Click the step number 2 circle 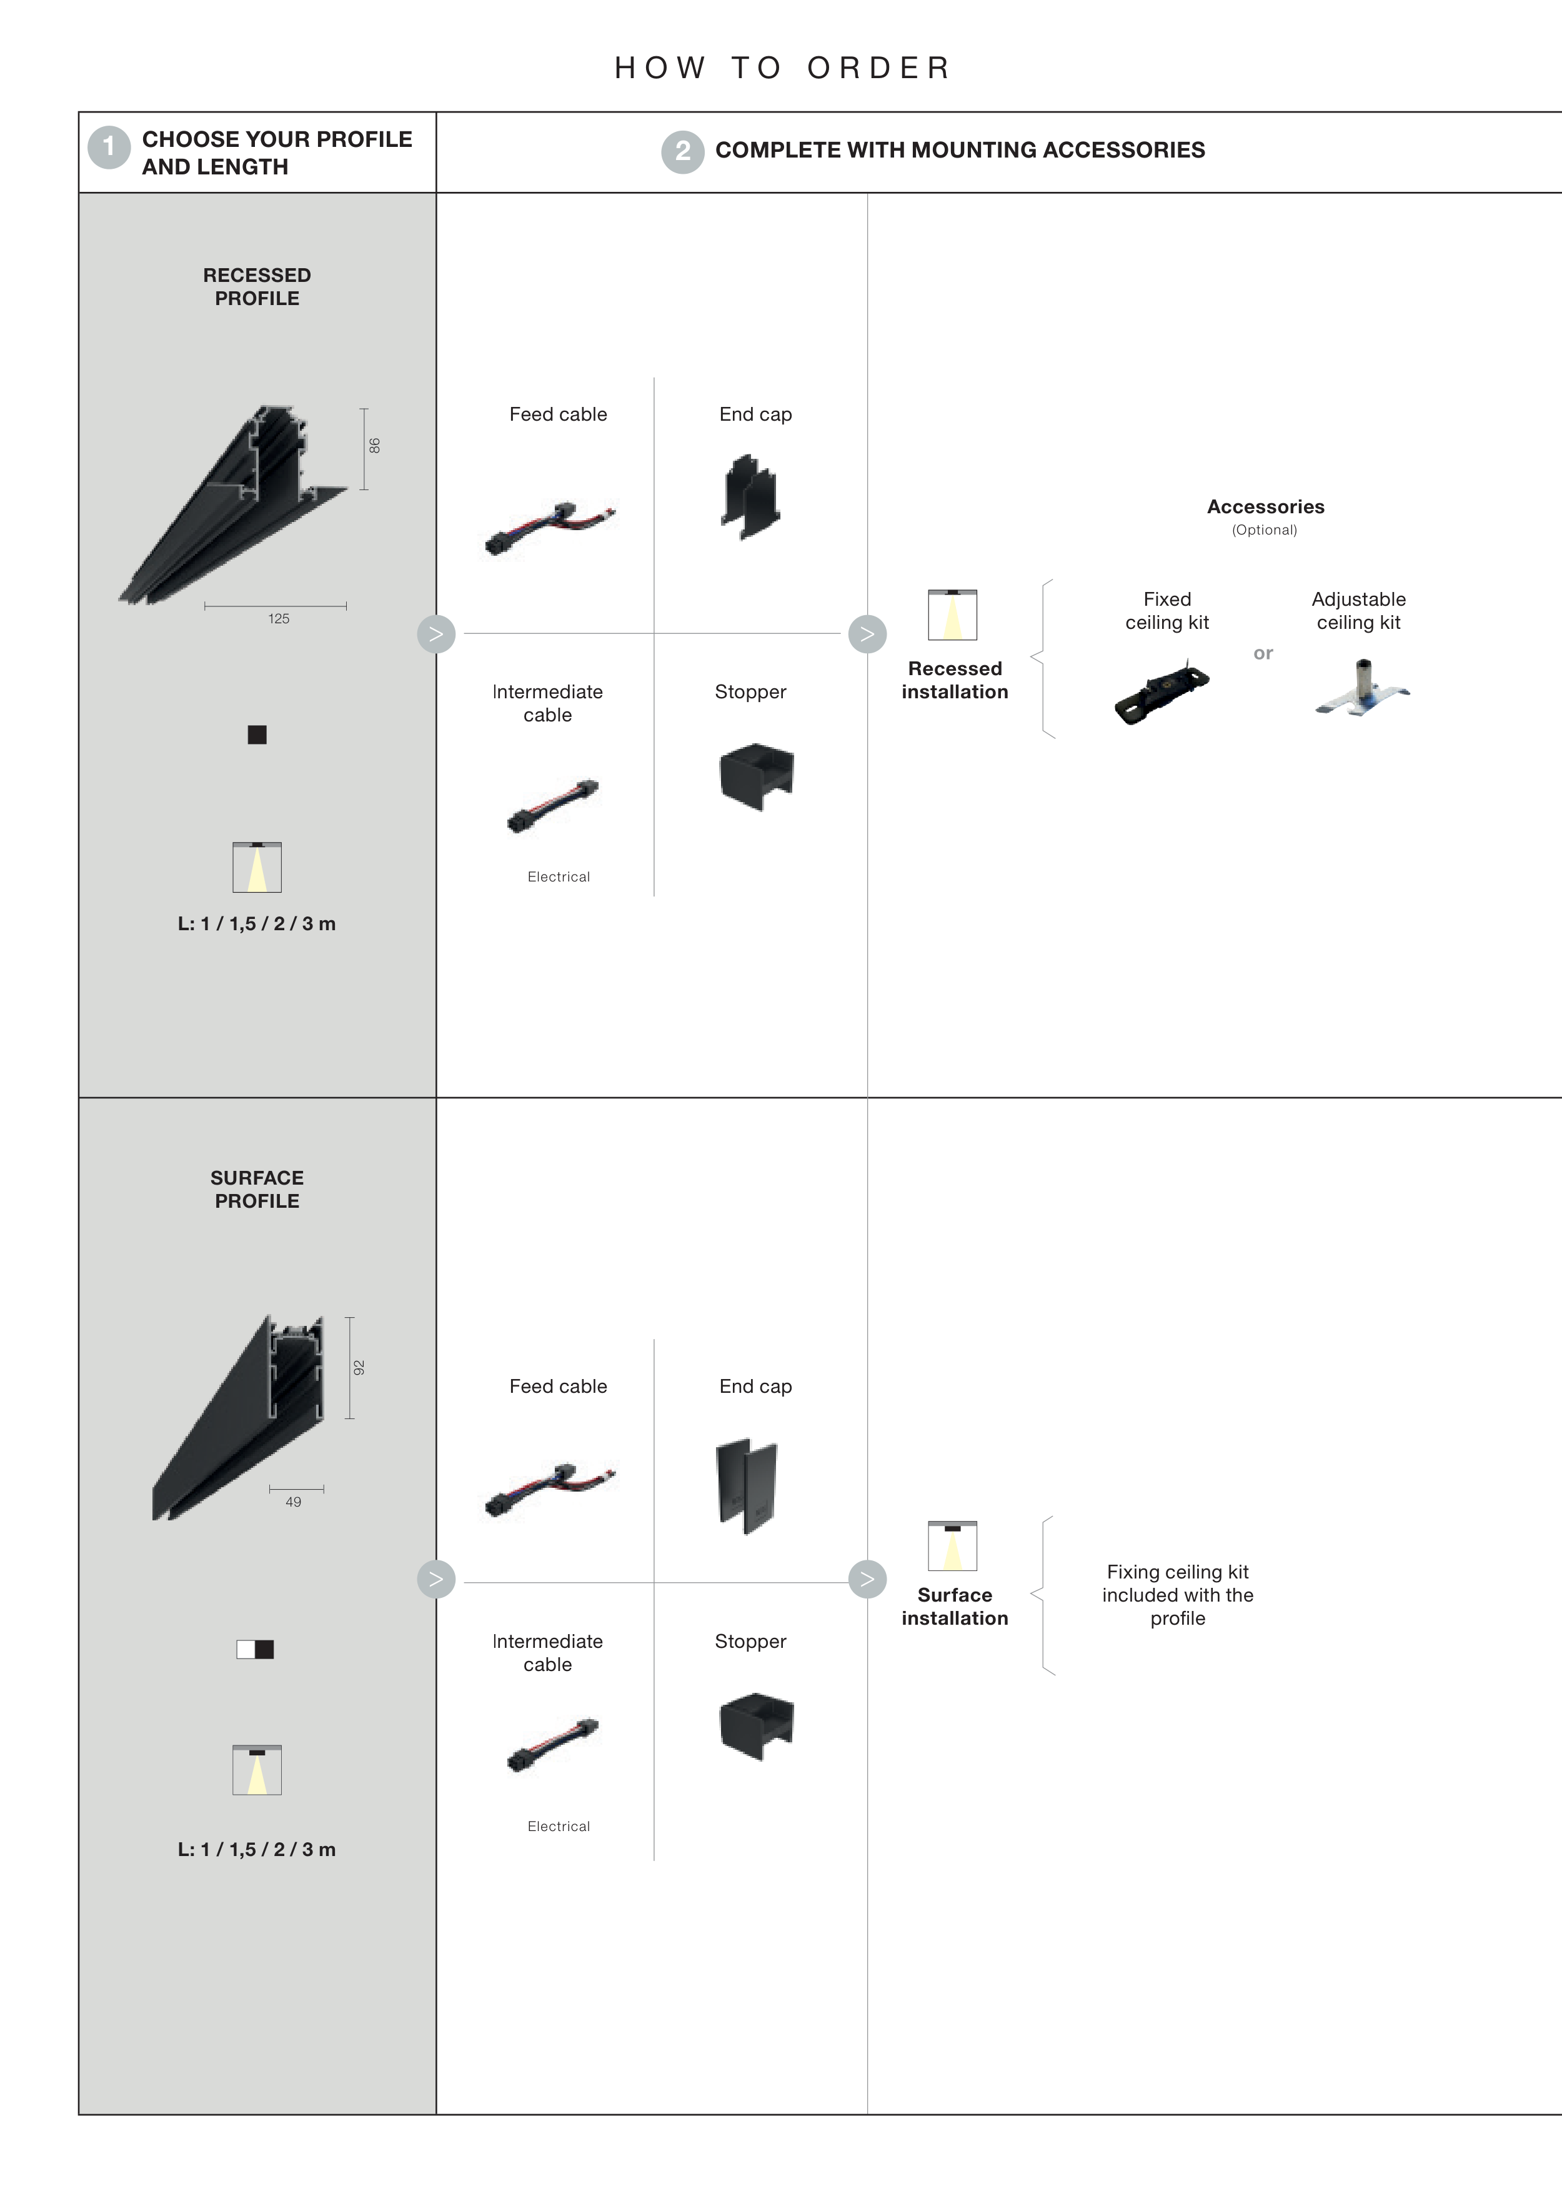click(683, 152)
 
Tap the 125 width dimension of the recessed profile click(279, 619)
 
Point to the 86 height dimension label click(374, 446)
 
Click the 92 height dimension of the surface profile click(359, 1367)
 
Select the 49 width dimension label click(294, 1502)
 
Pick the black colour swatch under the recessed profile click(257, 735)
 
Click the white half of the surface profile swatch click(246, 1649)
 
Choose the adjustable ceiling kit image click(1361, 688)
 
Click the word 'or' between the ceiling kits click(1263, 653)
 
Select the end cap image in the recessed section click(750, 498)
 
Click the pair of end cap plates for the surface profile click(747, 1487)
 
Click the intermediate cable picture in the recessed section click(553, 805)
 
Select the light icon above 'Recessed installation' click(952, 615)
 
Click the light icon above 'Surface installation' click(952, 1545)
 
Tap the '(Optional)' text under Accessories click(1265, 530)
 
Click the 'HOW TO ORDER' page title click(783, 68)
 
